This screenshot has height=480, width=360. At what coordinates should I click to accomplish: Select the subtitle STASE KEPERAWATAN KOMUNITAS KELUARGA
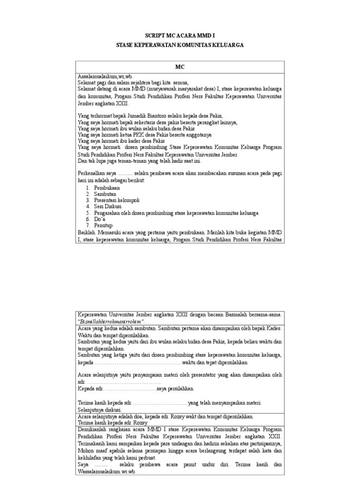[x=180, y=45]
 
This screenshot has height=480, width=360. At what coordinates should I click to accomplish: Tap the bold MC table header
[x=180, y=67]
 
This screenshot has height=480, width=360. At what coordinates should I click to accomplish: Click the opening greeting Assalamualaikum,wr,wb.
[x=102, y=76]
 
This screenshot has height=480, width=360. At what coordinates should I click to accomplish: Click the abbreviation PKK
[x=138, y=134]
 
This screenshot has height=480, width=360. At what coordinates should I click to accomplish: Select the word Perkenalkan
[x=91, y=173]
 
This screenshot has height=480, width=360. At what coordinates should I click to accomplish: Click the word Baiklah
[x=87, y=232]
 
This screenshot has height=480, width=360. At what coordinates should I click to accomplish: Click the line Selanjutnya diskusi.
[x=99, y=409]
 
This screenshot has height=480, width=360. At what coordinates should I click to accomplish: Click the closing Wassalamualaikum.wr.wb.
[x=107, y=472]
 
